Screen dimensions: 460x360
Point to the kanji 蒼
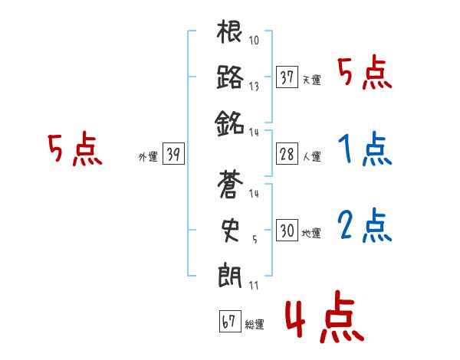[x=230, y=186]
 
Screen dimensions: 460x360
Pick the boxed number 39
[x=172, y=154]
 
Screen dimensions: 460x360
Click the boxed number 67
[x=228, y=322]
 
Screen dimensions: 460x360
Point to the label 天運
[x=311, y=80]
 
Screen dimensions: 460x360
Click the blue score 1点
[x=363, y=149]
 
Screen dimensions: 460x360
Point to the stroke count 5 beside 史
[x=255, y=237]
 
